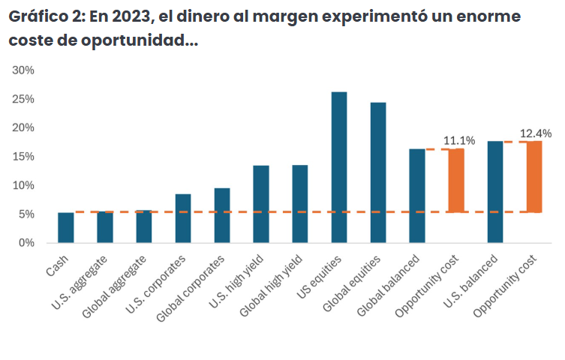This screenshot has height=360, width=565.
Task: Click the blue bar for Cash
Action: (66, 228)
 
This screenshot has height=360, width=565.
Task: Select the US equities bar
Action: (339, 167)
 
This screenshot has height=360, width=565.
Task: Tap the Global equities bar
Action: (378, 172)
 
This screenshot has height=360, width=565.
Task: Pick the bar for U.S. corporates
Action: (183, 218)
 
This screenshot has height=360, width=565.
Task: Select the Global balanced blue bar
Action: (417, 196)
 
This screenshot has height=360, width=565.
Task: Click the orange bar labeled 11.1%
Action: (456, 180)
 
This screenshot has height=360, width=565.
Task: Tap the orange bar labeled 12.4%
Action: (534, 176)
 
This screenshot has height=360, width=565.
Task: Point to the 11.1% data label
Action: (459, 140)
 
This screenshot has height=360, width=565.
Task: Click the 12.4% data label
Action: (536, 133)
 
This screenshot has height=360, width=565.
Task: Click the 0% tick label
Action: (26, 243)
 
